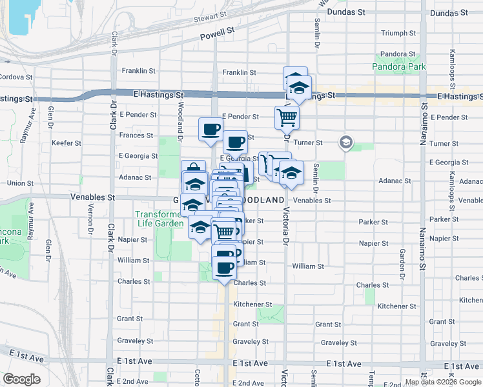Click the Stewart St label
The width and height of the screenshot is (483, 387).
[x=211, y=19]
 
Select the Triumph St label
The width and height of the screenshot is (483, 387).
[x=398, y=33]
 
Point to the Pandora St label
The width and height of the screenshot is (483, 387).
[x=397, y=54]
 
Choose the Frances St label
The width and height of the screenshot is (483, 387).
[x=136, y=135]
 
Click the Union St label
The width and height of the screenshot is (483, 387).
[x=20, y=183]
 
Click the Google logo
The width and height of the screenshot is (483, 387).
[x=21, y=379]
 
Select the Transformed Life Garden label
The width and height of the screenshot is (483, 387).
[x=158, y=219]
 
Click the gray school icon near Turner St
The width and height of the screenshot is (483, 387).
[x=346, y=142]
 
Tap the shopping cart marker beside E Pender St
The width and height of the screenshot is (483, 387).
[x=287, y=118]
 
